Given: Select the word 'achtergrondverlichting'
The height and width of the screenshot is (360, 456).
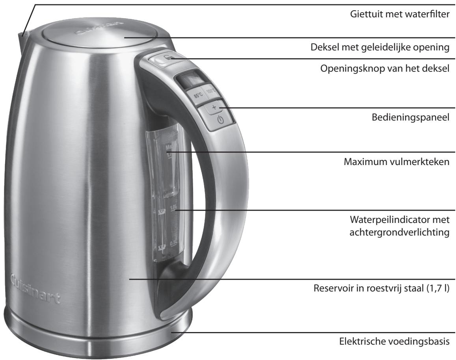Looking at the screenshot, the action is click(x=399, y=232).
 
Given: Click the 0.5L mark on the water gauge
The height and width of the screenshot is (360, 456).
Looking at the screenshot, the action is click(x=173, y=243).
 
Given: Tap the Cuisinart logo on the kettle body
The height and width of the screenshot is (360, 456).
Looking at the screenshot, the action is click(x=34, y=287).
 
